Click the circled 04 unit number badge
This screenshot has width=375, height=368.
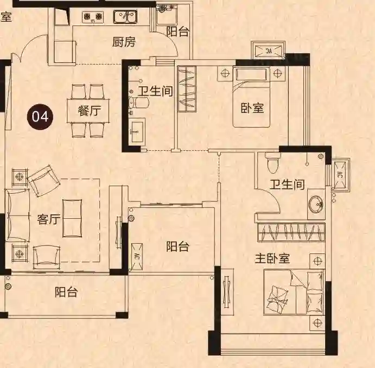pos(40,117)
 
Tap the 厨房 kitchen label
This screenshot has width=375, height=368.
pos(124,42)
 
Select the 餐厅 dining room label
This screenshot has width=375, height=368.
pos(89,111)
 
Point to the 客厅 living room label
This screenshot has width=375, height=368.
pos(49,219)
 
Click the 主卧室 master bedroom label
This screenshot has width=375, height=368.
pos(272,258)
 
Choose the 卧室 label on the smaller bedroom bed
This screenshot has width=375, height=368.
pos(252,108)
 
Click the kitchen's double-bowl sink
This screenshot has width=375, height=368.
pos(125,17)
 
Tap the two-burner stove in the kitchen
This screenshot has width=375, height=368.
pos(93,17)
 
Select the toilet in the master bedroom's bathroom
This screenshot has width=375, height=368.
pos(272,162)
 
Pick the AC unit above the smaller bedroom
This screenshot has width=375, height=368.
pos(268,50)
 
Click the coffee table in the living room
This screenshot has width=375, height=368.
pos(72,218)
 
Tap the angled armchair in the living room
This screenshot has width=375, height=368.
pos(44,180)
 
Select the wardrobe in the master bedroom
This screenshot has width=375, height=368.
pos(291,232)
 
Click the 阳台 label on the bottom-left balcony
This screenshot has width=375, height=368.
pos(67,292)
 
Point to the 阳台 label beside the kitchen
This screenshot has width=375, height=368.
pos(177,31)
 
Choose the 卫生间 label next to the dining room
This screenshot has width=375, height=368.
pos(155,91)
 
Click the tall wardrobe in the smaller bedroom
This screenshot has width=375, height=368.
pos(187,88)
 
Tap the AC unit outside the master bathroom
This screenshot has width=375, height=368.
pos(340,174)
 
